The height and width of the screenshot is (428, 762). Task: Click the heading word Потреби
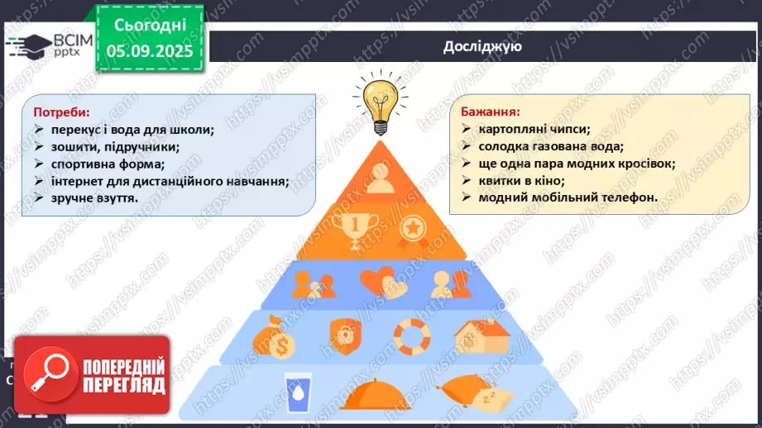(61, 112)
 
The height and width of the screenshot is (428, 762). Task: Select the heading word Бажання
(490, 111)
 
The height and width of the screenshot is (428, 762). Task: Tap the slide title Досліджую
(482, 47)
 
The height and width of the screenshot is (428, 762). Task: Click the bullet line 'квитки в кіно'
(521, 180)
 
